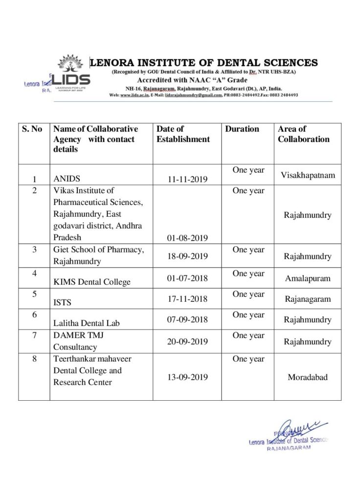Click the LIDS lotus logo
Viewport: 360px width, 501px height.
(71, 73)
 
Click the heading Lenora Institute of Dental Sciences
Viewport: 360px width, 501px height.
(204, 63)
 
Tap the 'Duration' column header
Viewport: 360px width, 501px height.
(242, 129)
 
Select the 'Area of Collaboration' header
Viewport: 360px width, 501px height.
(303, 134)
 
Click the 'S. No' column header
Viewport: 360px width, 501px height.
(32, 129)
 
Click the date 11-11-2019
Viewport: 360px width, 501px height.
(187, 180)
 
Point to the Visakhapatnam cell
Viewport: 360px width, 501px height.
(308, 175)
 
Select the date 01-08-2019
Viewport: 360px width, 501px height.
(187, 238)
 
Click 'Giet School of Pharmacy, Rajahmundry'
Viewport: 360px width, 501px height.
(98, 255)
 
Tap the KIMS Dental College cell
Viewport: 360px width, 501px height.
(92, 282)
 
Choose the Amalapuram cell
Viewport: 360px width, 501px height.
(308, 278)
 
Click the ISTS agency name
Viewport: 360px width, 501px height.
(62, 302)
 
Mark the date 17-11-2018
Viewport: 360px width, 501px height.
(187, 299)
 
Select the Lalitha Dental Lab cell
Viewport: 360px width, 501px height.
(87, 323)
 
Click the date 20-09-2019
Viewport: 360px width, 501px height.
(187, 342)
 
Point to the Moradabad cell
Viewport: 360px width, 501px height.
(308, 377)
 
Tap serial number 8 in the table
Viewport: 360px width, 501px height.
(34, 359)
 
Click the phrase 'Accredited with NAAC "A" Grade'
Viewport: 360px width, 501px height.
(192, 80)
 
